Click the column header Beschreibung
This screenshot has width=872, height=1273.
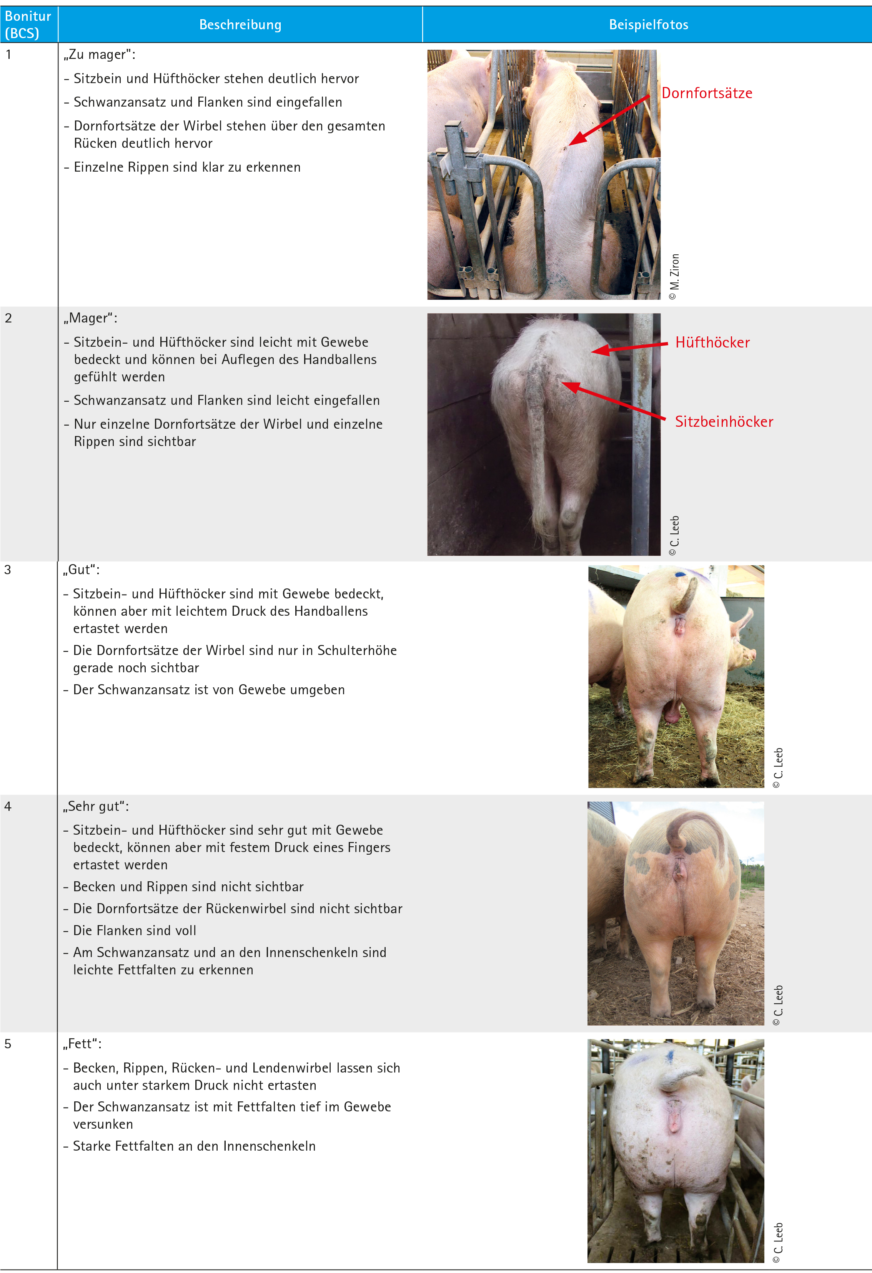tap(240, 25)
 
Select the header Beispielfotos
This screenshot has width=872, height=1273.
tap(649, 25)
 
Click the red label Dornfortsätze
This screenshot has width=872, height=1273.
tap(707, 93)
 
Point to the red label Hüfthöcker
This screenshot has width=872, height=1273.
tap(712, 342)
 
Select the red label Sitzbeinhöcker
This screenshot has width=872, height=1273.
tap(724, 421)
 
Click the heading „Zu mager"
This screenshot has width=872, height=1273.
tap(100, 55)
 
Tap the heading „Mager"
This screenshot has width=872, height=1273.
tap(90, 318)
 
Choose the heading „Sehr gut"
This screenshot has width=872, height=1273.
tap(96, 806)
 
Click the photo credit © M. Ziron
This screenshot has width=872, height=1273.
tap(674, 277)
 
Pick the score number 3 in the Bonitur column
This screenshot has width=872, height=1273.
tap(8, 570)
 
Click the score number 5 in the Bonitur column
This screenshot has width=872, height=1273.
tap(8, 1044)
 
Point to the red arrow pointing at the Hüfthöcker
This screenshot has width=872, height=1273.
tap(629, 347)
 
